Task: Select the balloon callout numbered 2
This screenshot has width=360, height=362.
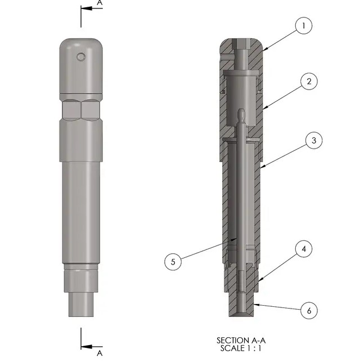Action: [309, 82]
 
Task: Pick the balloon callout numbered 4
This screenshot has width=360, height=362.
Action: [303, 248]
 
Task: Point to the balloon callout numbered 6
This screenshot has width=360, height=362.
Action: [308, 310]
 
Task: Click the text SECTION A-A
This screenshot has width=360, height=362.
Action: [240, 341]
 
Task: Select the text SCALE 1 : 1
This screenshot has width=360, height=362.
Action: [240, 348]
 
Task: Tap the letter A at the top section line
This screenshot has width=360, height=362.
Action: [100, 3]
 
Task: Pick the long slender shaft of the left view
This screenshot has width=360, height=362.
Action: [81, 208]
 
